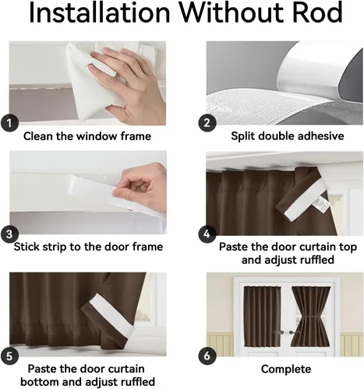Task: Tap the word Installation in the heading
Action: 99,12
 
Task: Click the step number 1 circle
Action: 9,123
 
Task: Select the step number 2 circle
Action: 207,123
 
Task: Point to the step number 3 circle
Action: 9,234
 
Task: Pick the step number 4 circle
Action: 207,234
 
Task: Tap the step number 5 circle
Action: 9,356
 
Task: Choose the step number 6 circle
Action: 207,356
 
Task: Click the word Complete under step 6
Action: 286,370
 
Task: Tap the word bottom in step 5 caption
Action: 40,382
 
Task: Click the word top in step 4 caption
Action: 348,247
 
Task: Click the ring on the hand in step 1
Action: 124,107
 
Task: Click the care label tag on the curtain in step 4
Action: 322,204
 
